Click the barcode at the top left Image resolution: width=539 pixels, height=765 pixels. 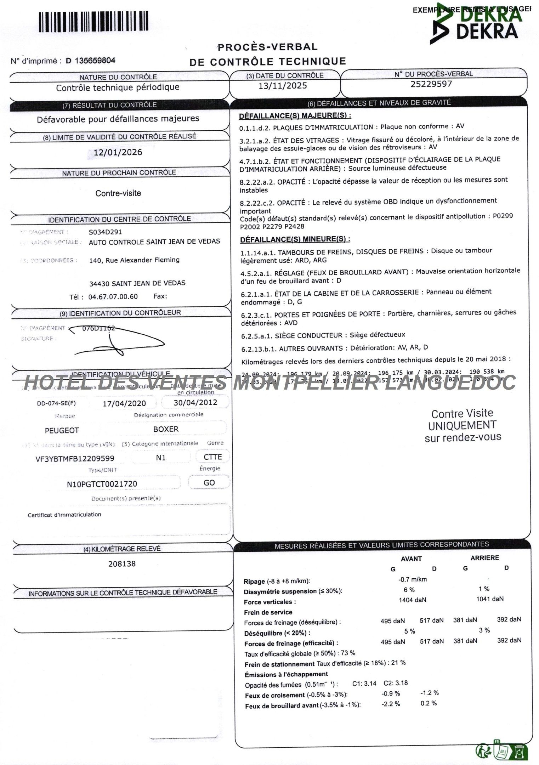[x=93, y=22]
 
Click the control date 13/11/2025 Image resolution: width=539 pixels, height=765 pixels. [x=282, y=86]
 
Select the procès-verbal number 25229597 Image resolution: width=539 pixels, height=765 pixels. [x=431, y=84]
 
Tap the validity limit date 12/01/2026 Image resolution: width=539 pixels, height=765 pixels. [x=118, y=152]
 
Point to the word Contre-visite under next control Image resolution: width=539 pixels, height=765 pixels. [x=118, y=193]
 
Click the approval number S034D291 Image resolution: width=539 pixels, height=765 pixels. [x=105, y=232]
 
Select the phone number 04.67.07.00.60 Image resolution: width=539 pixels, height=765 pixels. [x=113, y=296]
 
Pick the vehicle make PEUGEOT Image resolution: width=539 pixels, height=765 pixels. [x=62, y=430]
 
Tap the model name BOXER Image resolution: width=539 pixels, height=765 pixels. [x=166, y=429]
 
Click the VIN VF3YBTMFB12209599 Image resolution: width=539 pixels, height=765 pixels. [x=75, y=458]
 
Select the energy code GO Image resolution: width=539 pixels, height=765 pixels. [x=209, y=482]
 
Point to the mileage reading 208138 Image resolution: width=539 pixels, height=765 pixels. [x=122, y=563]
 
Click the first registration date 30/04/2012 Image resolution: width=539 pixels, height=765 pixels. [x=195, y=402]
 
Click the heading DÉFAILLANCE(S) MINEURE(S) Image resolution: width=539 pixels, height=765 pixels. [x=295, y=239]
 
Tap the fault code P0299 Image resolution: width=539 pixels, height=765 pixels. [x=503, y=216]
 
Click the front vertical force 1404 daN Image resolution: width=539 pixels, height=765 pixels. [x=412, y=600]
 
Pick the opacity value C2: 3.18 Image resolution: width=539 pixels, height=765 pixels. [x=395, y=683]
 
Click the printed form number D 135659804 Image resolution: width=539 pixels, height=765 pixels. [x=90, y=61]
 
